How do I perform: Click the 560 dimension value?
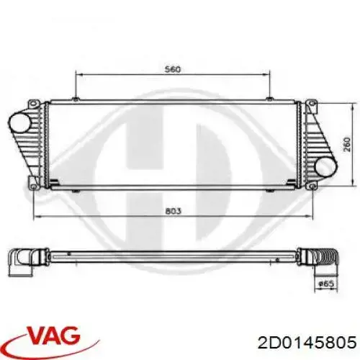(x=173, y=70)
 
